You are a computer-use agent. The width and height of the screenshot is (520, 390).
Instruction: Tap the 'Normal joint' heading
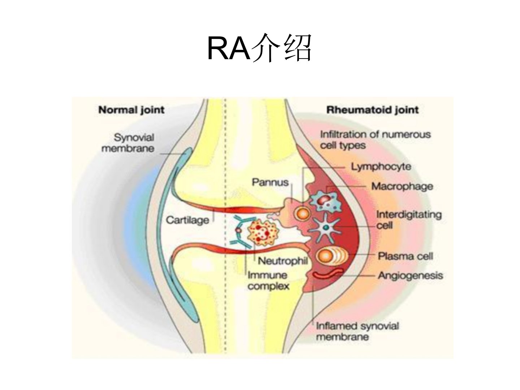click(131, 110)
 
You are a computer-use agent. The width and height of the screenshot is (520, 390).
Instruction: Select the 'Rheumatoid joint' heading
click(372, 110)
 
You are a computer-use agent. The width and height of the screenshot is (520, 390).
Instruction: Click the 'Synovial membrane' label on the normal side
click(128, 143)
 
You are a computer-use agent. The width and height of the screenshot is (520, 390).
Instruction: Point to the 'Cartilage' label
click(187, 220)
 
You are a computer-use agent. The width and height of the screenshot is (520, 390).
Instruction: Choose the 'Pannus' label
click(270, 182)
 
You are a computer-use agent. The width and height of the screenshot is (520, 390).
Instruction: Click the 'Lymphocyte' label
click(381, 167)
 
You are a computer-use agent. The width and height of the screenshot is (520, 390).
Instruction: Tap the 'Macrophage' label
click(402, 186)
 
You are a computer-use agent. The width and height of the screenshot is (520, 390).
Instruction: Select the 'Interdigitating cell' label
click(408, 220)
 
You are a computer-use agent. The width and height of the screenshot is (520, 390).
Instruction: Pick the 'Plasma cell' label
click(405, 256)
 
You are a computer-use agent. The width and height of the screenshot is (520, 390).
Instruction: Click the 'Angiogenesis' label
click(410, 276)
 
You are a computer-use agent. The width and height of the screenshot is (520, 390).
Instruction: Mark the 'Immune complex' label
click(268, 281)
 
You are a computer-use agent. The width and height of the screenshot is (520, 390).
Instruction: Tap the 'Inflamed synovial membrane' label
click(357, 331)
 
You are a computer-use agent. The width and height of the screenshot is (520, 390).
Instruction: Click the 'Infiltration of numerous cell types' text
click(375, 140)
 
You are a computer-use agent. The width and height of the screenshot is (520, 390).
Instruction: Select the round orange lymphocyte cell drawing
click(303, 213)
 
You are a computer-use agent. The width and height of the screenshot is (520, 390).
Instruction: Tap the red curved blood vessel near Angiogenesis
click(328, 274)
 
